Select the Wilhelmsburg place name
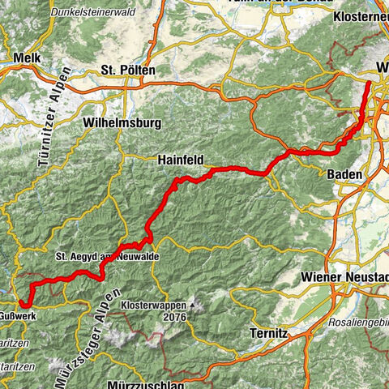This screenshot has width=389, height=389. (x=122, y=122)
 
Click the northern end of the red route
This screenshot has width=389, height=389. (x=369, y=83)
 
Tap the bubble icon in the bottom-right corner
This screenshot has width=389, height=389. (x=378, y=378)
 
